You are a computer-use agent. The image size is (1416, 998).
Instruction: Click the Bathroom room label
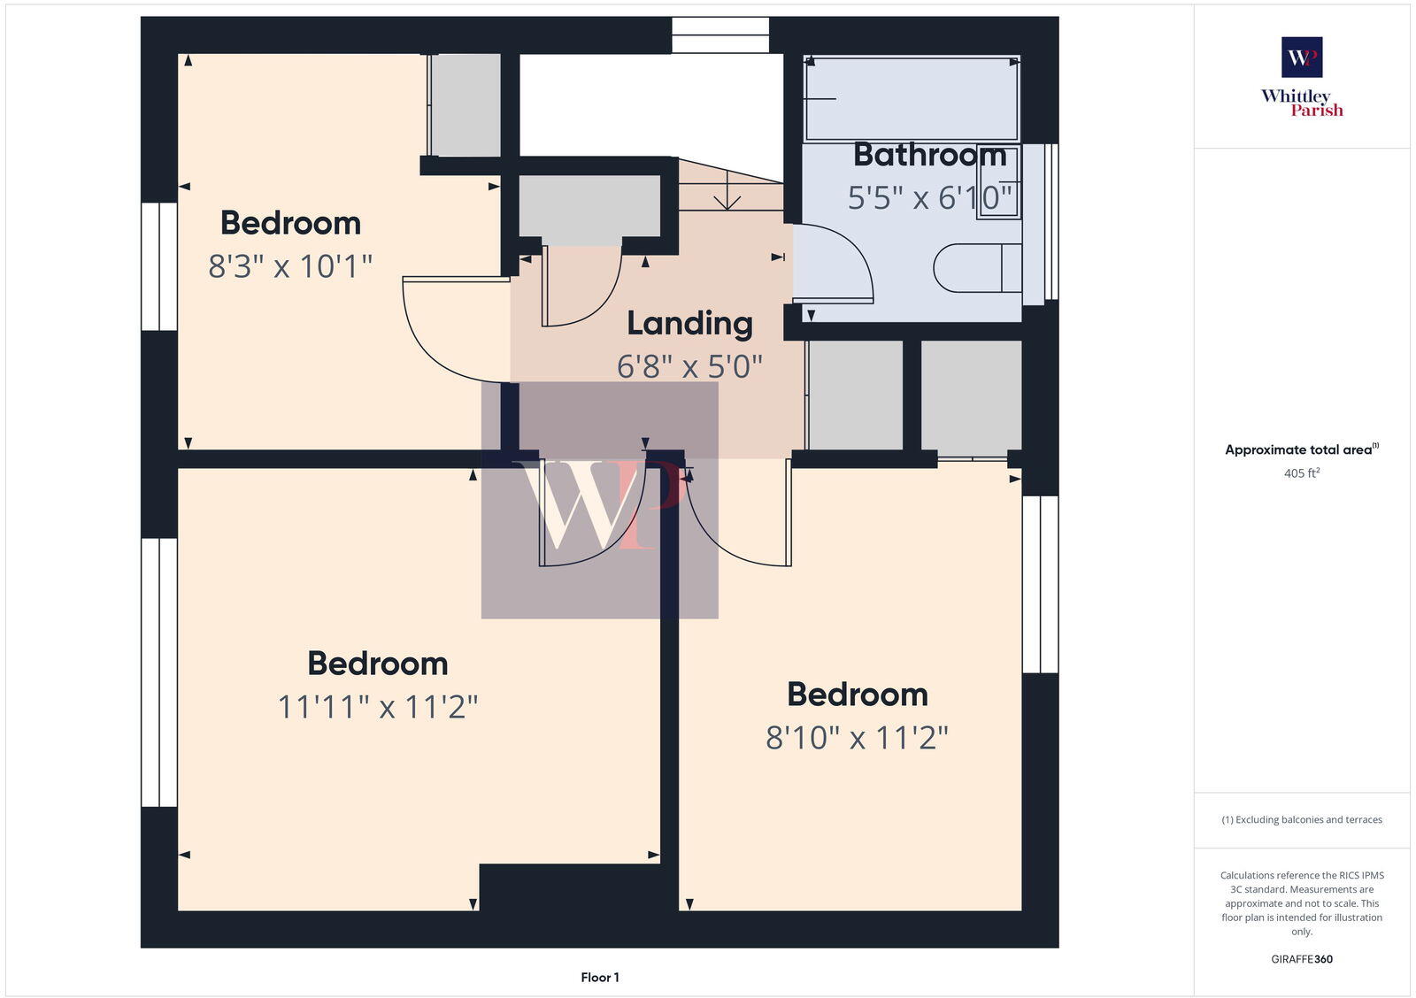click(929, 155)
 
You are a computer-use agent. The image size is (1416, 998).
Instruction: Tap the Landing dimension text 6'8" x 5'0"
click(689, 365)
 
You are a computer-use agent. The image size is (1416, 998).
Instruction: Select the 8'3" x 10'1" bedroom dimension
click(290, 265)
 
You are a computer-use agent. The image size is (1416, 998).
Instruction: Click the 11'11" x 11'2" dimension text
click(378, 706)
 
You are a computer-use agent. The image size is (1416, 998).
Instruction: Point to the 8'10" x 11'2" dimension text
click(857, 737)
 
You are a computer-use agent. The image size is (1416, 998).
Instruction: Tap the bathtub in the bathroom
click(912, 97)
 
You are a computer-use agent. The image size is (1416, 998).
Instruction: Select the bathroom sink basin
click(998, 182)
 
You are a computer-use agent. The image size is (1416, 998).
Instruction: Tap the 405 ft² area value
click(1301, 473)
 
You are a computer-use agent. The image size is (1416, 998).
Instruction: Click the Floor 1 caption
click(600, 977)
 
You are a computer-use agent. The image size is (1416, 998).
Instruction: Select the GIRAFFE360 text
click(1301, 959)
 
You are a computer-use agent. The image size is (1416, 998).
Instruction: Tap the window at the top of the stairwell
click(720, 35)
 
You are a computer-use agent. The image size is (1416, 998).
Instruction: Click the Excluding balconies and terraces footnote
click(1301, 819)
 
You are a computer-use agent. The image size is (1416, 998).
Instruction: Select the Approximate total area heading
click(1299, 449)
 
